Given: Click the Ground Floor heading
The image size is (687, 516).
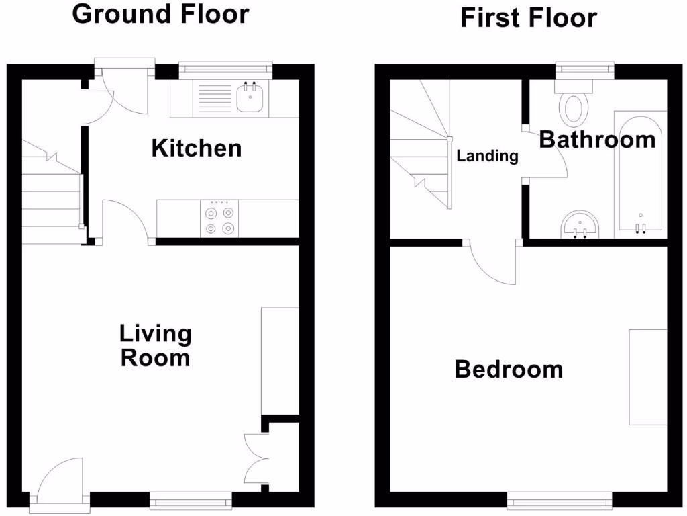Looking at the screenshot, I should pos(160,13).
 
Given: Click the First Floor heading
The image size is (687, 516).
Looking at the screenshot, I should pos(529,17).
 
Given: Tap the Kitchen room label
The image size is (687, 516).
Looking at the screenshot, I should pos(196,148).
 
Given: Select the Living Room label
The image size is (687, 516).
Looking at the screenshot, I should pos(155,345).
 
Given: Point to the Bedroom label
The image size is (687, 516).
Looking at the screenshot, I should pos(509,369).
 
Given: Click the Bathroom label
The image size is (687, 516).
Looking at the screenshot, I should pos(597,140).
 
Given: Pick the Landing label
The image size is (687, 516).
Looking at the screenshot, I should pos(488,156).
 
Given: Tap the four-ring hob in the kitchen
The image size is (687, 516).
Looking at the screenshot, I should pos(220,218).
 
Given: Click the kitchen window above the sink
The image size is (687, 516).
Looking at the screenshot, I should pos(226,67).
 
